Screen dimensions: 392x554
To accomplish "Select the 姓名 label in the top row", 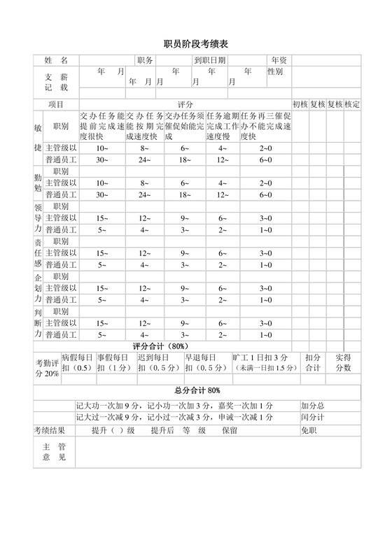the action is click(x=56, y=61).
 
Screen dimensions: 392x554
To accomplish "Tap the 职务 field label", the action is click(x=146, y=61).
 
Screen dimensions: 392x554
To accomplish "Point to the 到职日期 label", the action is click(x=210, y=61).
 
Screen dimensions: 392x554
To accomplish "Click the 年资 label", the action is click(x=279, y=61).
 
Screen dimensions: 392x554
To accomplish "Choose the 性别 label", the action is click(x=275, y=72).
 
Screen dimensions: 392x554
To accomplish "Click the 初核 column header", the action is click(x=300, y=104).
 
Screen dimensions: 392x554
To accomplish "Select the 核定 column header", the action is click(x=352, y=104).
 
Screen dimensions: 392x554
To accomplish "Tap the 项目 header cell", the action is click(x=56, y=104).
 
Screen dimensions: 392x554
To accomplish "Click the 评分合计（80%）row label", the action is click(x=160, y=346).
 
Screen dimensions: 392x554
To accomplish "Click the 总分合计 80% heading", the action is click(x=197, y=390).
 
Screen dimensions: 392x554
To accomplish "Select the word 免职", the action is click(x=309, y=430).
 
